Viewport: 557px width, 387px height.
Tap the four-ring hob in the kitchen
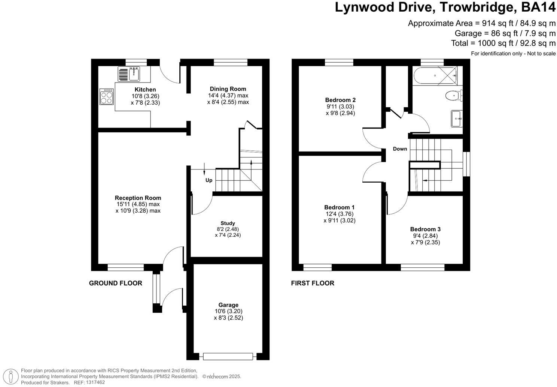pyautogui.click(x=107, y=97)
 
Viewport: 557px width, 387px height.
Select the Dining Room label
pyautogui.click(x=228, y=89)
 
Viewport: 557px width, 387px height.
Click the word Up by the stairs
pyautogui.click(x=209, y=180)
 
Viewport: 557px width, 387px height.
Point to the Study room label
pyautogui.click(x=228, y=223)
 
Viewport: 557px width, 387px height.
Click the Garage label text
pyautogui.click(x=228, y=305)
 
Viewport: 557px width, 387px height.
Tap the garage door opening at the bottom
pyautogui.click(x=228, y=356)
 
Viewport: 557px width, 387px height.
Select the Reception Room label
pyautogui.click(x=138, y=198)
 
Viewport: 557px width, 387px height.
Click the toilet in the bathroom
pyautogui.click(x=454, y=96)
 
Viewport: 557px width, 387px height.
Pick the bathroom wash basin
pyautogui.click(x=457, y=119)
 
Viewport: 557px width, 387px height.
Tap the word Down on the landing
pyautogui.click(x=400, y=149)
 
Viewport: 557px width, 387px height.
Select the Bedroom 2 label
pyautogui.click(x=340, y=100)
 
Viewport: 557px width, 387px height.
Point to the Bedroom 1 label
pyautogui.click(x=339, y=207)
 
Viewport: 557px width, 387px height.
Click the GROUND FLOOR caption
pyautogui.click(x=115, y=283)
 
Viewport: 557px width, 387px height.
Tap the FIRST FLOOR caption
pyautogui.click(x=313, y=283)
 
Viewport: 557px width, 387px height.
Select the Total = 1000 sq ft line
pyautogui.click(x=503, y=43)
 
